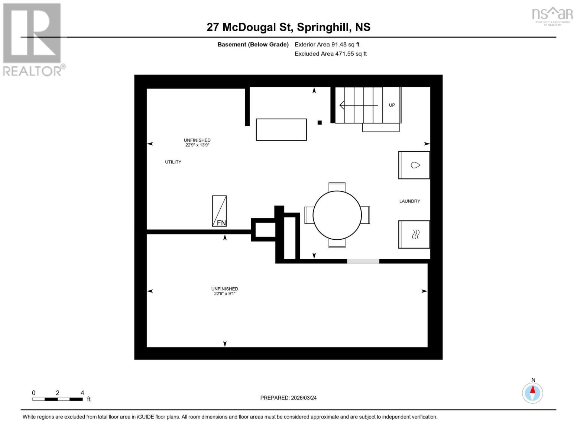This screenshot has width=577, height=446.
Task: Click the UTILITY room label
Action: coord(173,162)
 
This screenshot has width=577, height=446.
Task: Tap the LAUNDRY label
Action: coord(409,201)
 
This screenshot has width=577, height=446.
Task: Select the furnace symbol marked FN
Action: coord(219,211)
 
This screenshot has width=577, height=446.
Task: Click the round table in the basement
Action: coord(337,215)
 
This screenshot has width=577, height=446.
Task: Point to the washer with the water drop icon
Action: coord(414,165)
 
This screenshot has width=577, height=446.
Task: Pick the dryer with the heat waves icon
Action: coord(414,235)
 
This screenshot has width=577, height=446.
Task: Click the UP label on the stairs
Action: coord(392,105)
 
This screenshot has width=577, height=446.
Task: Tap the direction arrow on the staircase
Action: coord(358,106)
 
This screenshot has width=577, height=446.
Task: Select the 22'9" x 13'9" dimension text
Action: coord(197,145)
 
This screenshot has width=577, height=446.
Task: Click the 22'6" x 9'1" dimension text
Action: coord(224,294)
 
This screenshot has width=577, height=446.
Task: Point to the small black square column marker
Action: coord(320,123)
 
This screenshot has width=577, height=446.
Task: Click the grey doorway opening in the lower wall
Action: coord(363,261)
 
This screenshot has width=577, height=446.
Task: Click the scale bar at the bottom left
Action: coord(58,399)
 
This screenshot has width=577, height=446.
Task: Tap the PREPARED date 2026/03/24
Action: coord(288,398)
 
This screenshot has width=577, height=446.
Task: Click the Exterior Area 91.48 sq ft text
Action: coord(327,45)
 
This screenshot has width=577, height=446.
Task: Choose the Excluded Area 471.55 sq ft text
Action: coord(331,54)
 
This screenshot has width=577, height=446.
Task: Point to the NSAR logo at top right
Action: coord(552,15)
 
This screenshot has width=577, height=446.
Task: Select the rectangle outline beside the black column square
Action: coord(281,130)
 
